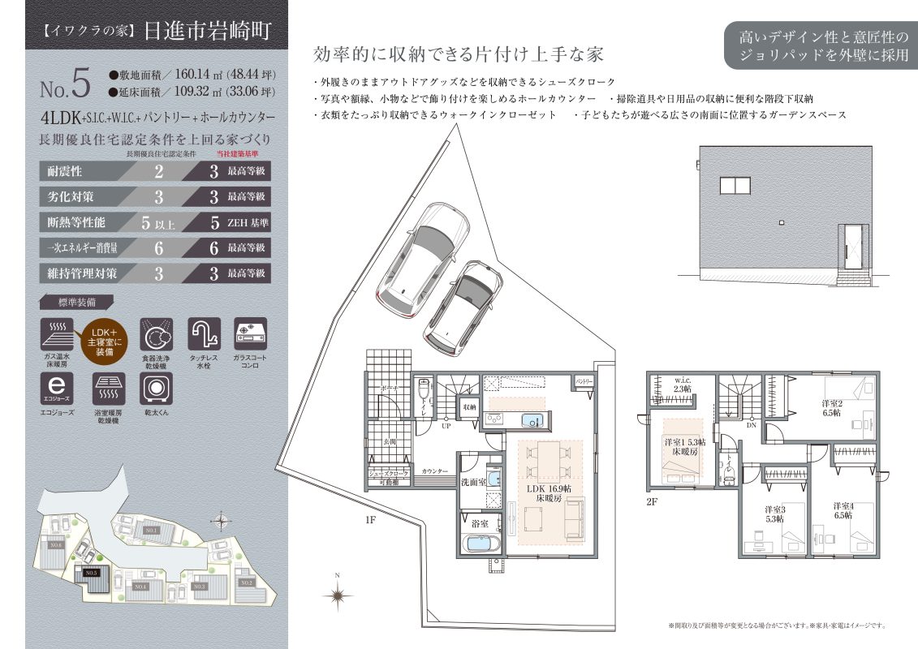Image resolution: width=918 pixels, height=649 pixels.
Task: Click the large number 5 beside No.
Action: coord(79,83)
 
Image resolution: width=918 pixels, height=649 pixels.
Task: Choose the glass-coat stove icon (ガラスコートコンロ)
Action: coord(250,333)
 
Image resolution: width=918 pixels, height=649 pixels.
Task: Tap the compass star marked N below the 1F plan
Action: coord(337,595)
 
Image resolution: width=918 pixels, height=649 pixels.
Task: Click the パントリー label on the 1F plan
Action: coord(584,380)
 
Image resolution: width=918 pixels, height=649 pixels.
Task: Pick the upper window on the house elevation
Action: coord(735,186)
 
